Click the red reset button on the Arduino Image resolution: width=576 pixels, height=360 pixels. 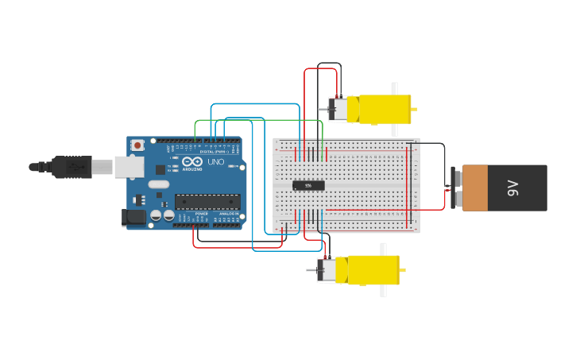pos(138,145)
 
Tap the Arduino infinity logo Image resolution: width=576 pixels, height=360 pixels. pos(192,161)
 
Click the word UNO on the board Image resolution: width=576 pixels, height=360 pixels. pos(215,161)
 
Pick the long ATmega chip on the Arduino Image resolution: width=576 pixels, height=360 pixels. pos(207,202)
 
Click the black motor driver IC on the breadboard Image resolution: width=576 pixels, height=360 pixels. pos(308,186)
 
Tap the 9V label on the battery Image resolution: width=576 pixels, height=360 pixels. pos(512,188)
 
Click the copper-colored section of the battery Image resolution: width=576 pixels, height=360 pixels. pos(474,188)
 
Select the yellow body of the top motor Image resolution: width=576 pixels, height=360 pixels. pos(380,109)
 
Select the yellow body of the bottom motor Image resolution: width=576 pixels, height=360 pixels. pos(369,269)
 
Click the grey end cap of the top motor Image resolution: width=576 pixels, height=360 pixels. pos(339,109)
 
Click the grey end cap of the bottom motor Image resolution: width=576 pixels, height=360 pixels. pos(327,269)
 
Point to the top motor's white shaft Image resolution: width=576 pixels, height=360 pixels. pos(395,89)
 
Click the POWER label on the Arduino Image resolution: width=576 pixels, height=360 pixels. pos(201,214)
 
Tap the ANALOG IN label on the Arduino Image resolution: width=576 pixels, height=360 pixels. pos(228,214)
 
